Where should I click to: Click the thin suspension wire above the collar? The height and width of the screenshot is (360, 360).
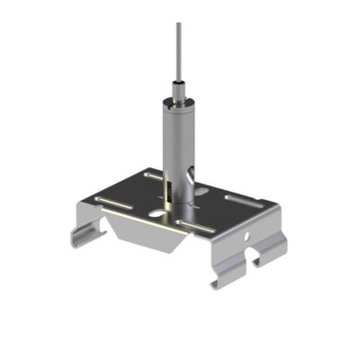coord(177,54)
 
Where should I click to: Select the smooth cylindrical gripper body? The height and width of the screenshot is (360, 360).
coord(178,135)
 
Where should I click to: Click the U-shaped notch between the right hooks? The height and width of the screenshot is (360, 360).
coord(255,261)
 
